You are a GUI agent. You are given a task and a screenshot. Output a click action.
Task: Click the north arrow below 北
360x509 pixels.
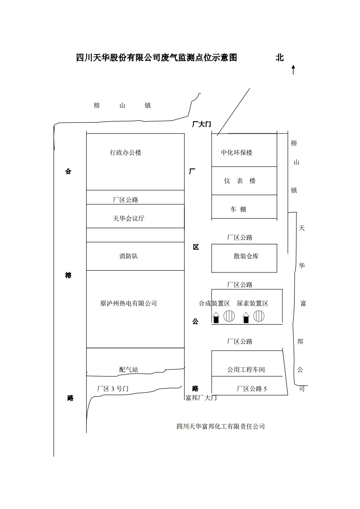(293, 69)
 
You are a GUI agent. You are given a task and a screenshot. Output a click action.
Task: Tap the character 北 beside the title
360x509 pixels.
(280, 58)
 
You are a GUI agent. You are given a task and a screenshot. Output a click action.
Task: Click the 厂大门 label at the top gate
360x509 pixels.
(202, 124)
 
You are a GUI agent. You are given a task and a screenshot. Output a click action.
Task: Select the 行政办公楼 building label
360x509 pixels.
(126, 153)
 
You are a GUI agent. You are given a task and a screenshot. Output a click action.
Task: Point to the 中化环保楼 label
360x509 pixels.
(237, 153)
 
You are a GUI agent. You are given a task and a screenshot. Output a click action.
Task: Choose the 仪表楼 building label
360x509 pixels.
(240, 181)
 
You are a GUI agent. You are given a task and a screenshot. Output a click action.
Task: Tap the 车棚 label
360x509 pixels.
(238, 209)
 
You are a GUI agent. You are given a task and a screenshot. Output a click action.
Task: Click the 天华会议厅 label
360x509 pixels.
(128, 218)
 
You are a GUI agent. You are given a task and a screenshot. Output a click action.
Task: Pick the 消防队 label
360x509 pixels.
(128, 256)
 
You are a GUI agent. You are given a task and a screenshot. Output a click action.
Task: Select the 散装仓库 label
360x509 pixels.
(246, 256)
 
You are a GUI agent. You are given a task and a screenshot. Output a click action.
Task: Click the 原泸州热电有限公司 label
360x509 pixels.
(128, 303)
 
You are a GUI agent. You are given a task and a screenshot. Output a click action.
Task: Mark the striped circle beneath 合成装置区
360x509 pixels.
(229, 316)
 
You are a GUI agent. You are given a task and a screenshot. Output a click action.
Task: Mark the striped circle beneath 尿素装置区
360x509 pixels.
(259, 316)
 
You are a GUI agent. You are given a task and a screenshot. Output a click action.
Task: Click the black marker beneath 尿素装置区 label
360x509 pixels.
(246, 319)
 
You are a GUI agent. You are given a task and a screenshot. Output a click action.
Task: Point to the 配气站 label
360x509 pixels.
(128, 370)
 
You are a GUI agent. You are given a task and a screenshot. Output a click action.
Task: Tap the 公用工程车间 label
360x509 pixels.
(246, 370)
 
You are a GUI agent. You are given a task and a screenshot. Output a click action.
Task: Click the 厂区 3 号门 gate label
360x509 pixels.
(113, 389)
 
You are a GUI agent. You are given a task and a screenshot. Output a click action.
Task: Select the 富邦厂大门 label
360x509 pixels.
(201, 398)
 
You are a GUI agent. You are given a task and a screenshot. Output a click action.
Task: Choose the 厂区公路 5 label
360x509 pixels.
(252, 389)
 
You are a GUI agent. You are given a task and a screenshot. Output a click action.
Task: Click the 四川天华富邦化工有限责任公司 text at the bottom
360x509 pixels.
(220, 426)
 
